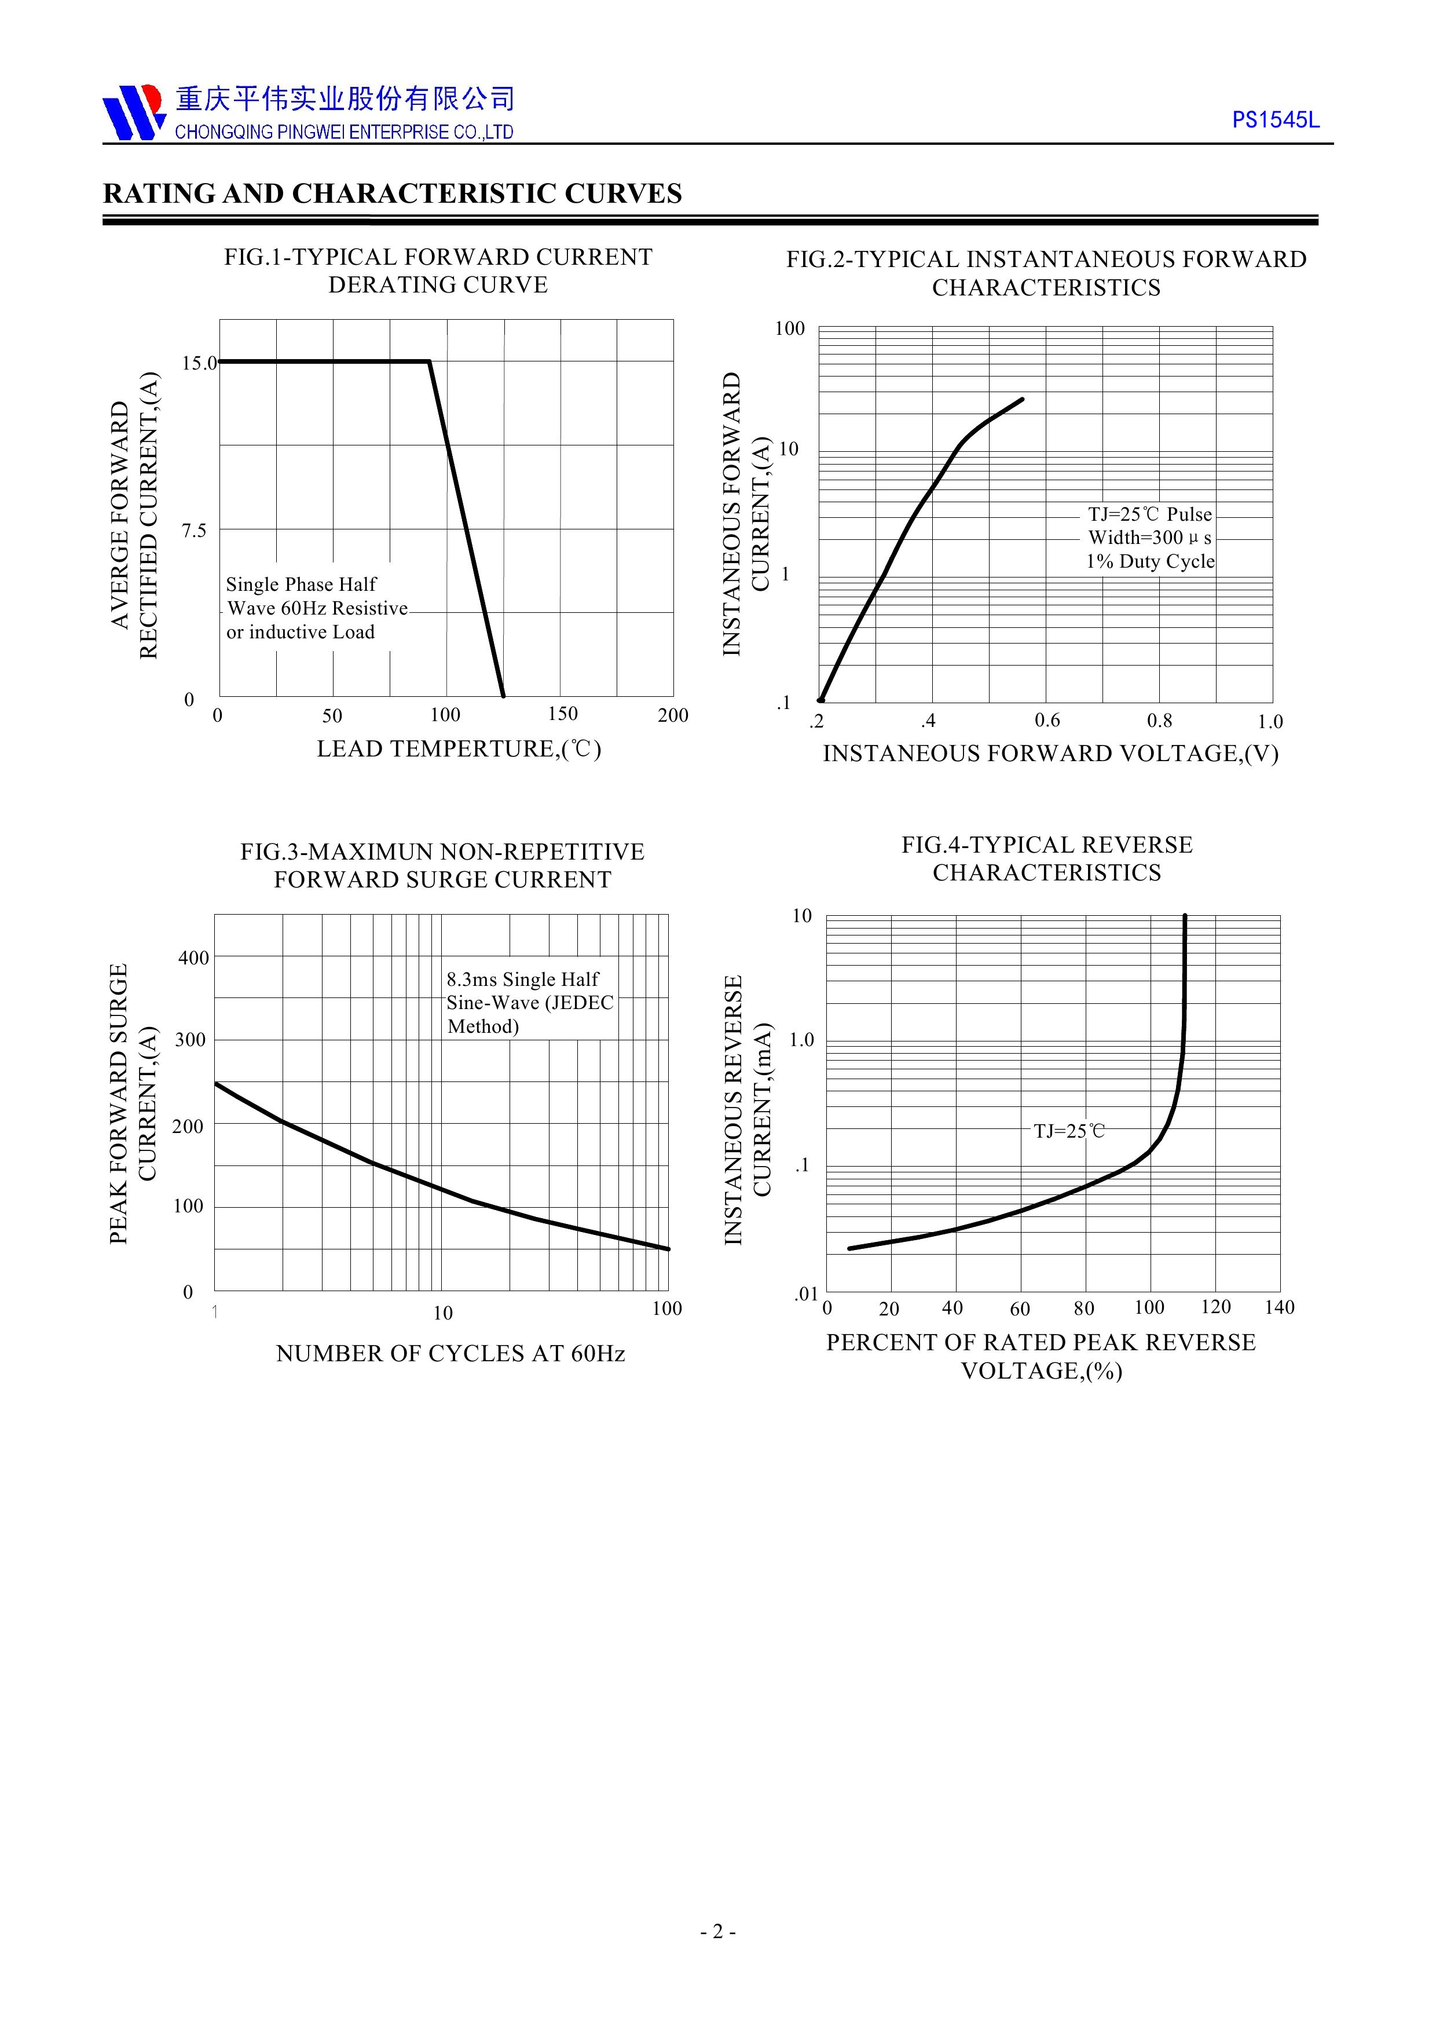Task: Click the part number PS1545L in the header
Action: point(1275,120)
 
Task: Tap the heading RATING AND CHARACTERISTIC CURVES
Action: point(392,194)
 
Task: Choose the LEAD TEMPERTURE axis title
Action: point(459,750)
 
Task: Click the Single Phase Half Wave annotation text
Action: point(316,608)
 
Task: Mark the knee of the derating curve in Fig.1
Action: point(430,361)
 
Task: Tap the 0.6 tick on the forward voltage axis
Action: point(1047,721)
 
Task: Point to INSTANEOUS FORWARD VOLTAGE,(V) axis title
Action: point(1050,754)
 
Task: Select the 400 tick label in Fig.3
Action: point(194,957)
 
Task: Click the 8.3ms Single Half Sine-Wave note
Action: point(529,1003)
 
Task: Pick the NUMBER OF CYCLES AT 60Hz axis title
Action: point(450,1354)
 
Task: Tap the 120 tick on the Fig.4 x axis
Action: point(1216,1307)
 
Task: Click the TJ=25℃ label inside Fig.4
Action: point(1069,1131)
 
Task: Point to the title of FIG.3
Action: point(442,865)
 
